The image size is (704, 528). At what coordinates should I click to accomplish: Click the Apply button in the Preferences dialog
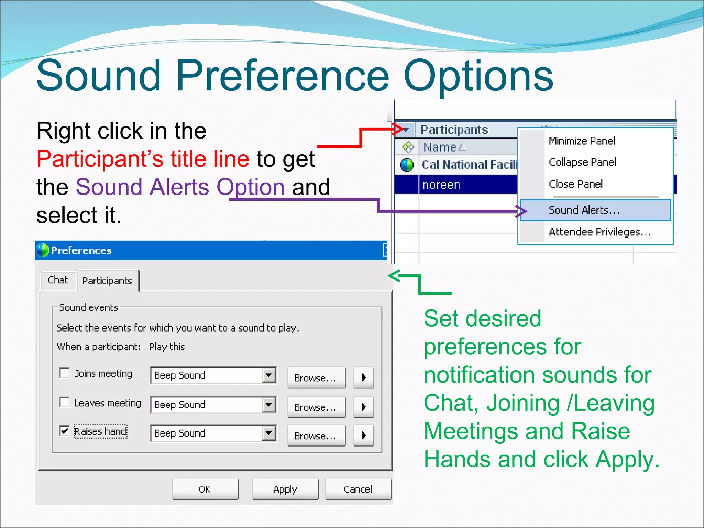click(285, 489)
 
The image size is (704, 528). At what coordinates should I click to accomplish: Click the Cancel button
click(358, 489)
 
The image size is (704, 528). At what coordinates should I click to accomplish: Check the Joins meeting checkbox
click(64, 373)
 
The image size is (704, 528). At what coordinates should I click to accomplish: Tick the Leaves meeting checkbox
click(64, 402)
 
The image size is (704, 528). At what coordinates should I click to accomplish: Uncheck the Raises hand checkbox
click(64, 431)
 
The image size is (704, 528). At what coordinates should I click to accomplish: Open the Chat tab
click(58, 280)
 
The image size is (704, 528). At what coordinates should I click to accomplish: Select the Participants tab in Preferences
click(107, 281)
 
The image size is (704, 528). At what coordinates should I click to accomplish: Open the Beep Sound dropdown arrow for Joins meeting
click(269, 375)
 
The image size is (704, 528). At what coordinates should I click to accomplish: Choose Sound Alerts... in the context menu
click(584, 210)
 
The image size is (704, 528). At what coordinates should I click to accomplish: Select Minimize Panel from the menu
click(582, 141)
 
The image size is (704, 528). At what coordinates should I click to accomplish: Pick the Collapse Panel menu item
click(582, 162)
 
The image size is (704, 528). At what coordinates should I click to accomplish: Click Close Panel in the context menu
click(576, 184)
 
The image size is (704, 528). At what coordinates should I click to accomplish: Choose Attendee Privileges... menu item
click(600, 232)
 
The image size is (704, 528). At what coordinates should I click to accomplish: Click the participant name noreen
click(441, 185)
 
